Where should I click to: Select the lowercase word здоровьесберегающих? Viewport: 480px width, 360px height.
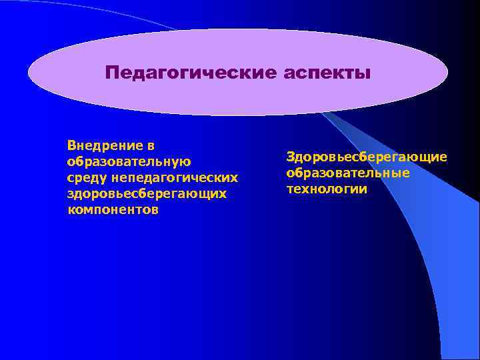point(147,194)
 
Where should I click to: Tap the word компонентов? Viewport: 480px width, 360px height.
point(113,210)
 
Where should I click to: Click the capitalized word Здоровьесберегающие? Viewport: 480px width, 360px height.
point(367,157)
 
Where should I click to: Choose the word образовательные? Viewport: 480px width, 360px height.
point(348,173)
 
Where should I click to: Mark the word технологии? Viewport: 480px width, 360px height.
point(327,189)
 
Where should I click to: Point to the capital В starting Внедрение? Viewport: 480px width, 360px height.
point(71,145)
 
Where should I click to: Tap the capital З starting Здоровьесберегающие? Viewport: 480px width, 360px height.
point(291,157)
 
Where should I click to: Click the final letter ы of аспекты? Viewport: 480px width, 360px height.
point(363,73)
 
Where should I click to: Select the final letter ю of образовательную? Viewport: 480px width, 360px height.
point(187,161)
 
